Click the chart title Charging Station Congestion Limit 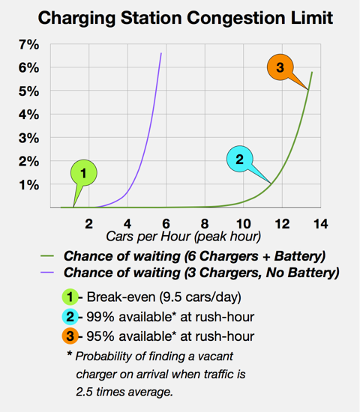coord(180,17)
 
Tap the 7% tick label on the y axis coord(28,45)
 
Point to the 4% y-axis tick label coord(28,115)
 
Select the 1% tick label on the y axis coord(28,184)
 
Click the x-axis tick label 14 coord(320,222)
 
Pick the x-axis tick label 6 coord(166,222)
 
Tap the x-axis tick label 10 coord(243,222)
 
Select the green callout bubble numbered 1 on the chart coord(84,174)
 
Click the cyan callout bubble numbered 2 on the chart coord(240,159)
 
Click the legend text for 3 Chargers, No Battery coord(202,273)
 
